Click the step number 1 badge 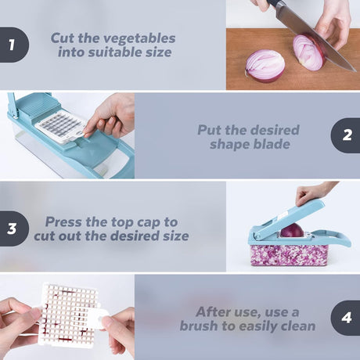[13, 45]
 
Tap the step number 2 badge [346, 135]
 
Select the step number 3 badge [13, 229]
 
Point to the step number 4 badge [346, 318]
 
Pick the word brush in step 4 [199, 326]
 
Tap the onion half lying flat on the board [265, 66]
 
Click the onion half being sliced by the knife [309, 52]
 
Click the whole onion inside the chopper [292, 231]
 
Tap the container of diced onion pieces [289, 255]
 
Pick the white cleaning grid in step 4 [69, 315]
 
